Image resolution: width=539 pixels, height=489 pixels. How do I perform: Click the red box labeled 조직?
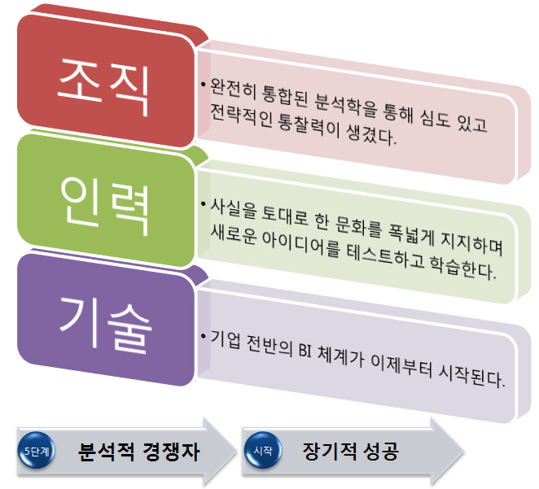coord(106,81)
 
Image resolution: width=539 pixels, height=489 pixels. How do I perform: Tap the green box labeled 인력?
coord(106,201)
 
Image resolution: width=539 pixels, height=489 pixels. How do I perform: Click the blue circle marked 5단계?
coord(36,450)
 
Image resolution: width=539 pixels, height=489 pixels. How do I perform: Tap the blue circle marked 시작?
coord(263,450)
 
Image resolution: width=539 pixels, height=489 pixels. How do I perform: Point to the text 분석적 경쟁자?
coord(138,452)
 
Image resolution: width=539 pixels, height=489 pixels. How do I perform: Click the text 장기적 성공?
coord(350,451)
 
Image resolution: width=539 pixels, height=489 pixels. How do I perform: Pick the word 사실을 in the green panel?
coord(233,208)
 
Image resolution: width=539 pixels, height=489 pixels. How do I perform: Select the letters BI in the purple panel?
coord(305,351)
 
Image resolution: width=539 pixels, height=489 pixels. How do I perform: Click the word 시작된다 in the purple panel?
coord(471,376)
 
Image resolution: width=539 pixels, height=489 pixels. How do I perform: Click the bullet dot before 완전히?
coord(204,84)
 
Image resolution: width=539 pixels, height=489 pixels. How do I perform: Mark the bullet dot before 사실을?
coord(204,204)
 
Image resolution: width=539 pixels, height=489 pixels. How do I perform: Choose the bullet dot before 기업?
coord(204,335)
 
